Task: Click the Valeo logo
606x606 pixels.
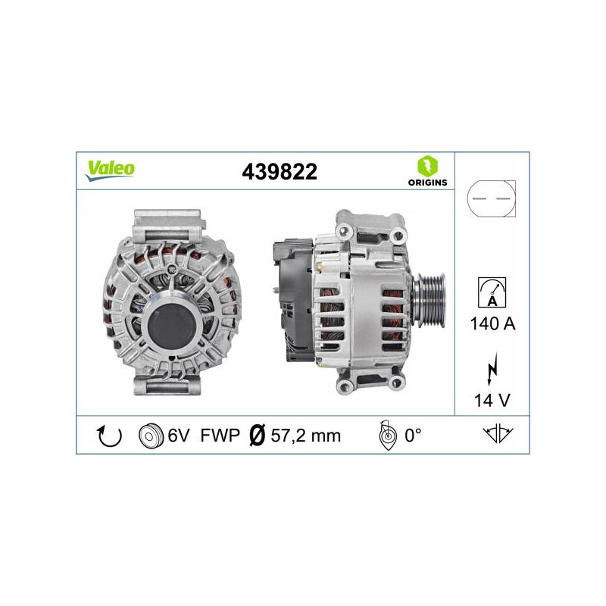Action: point(110,170)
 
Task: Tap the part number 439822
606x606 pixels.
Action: point(280,172)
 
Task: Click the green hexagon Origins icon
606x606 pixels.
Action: point(427,166)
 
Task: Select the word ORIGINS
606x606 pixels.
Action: point(427,183)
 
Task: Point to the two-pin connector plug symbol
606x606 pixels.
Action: point(491,198)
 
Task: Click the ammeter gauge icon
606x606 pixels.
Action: point(492,292)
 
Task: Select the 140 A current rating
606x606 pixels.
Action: point(492,323)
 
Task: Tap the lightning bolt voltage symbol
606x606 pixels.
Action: point(492,369)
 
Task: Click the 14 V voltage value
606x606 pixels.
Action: point(492,401)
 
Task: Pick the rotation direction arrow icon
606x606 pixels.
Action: point(109,436)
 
